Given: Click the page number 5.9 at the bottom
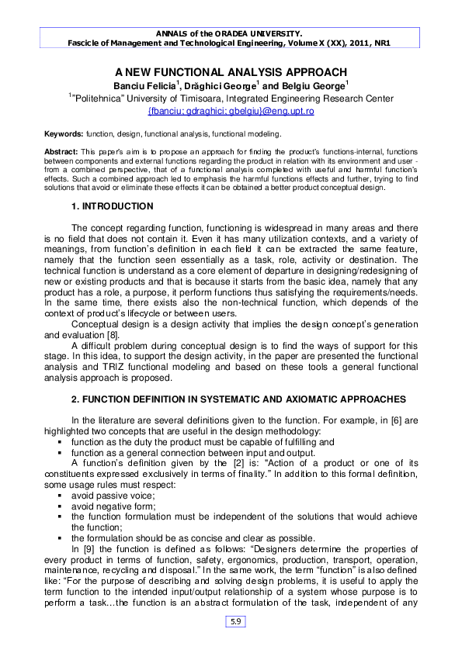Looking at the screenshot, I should [234, 621].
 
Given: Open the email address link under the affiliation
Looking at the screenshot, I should [230, 111].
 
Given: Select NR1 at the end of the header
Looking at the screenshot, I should [379, 43].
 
